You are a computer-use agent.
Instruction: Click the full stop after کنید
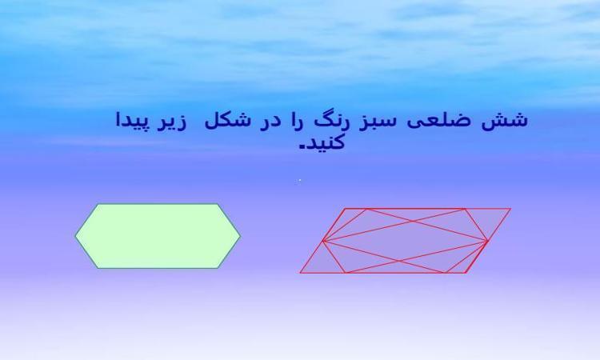tap(303, 146)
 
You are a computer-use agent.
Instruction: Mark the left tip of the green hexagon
tap(75, 236)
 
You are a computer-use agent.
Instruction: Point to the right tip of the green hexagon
tap(240, 237)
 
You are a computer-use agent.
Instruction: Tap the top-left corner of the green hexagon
tap(98, 204)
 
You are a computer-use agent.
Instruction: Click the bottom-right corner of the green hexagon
tap(218, 268)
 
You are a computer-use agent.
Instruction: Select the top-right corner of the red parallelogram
tap(511, 209)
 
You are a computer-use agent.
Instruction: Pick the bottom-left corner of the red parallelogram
tap(300, 273)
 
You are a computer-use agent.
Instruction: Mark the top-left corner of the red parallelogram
tap(345, 209)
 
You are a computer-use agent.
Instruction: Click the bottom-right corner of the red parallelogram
tap(466, 273)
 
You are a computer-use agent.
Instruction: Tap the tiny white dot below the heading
tap(300, 180)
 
